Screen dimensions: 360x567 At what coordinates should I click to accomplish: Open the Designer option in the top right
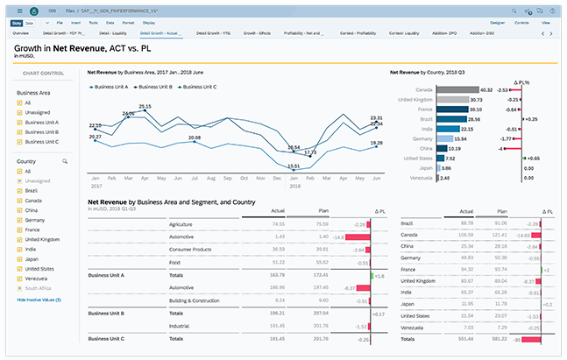tap(497, 21)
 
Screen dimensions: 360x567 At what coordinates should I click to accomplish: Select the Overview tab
tap(21, 32)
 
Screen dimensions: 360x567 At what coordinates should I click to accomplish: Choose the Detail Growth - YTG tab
tap(213, 32)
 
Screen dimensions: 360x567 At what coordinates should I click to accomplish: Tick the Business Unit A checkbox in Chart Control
tap(20, 122)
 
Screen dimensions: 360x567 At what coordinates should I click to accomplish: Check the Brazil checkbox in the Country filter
tap(20, 189)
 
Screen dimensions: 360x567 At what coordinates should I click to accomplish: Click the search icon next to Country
tap(64, 161)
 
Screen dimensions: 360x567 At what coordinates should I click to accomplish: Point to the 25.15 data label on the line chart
tap(145, 106)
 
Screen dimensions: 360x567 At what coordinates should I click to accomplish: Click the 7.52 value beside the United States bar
tap(450, 158)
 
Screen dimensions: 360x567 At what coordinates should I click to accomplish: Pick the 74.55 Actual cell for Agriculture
tap(279, 224)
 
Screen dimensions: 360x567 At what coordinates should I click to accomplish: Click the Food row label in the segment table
tap(175, 262)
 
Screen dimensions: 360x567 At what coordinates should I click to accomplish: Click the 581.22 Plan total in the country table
tap(499, 338)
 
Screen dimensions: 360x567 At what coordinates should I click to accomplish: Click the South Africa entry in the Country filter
tap(39, 287)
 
